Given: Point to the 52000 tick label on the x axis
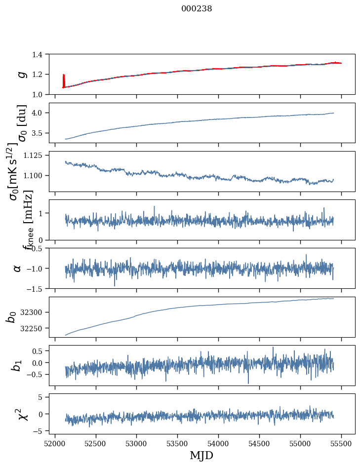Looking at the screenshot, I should coord(55,443).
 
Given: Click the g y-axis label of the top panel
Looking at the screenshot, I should coord(21,74).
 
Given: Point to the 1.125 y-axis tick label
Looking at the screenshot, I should coord(38,155).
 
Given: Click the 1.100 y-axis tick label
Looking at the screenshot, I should coord(38,176).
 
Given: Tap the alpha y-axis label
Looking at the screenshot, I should coord(17,268).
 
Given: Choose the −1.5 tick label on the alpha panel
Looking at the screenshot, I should coord(38,288).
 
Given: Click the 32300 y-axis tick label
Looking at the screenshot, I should coord(36,312).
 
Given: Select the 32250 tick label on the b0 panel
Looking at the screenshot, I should coord(36,328).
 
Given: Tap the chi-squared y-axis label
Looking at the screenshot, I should coord(23,414).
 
